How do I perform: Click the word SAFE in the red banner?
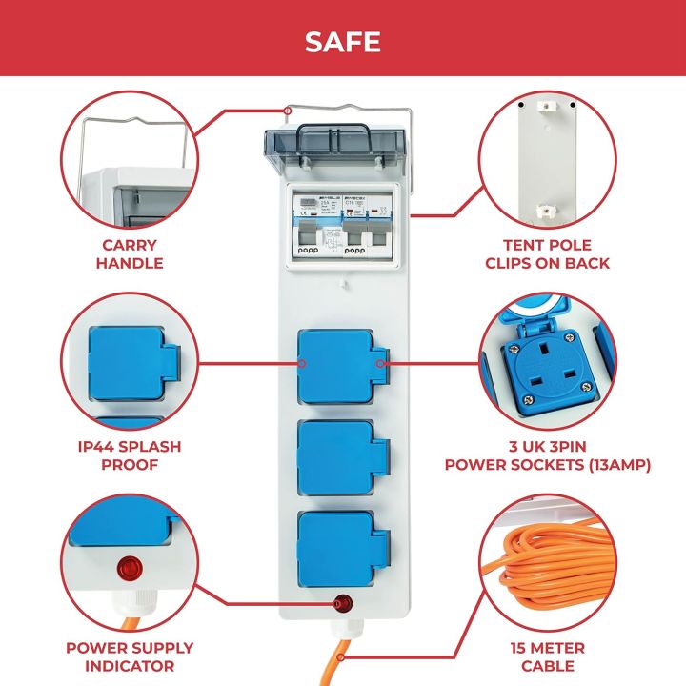[x=342, y=42]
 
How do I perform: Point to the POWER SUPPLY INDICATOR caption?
[x=130, y=656]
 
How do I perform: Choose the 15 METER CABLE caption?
[x=549, y=656]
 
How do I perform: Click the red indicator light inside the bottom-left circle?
[x=127, y=570]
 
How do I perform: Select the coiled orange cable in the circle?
[x=553, y=572]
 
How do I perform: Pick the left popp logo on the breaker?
[x=311, y=251]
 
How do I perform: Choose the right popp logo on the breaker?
[x=355, y=251]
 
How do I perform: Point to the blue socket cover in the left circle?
[x=128, y=363]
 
